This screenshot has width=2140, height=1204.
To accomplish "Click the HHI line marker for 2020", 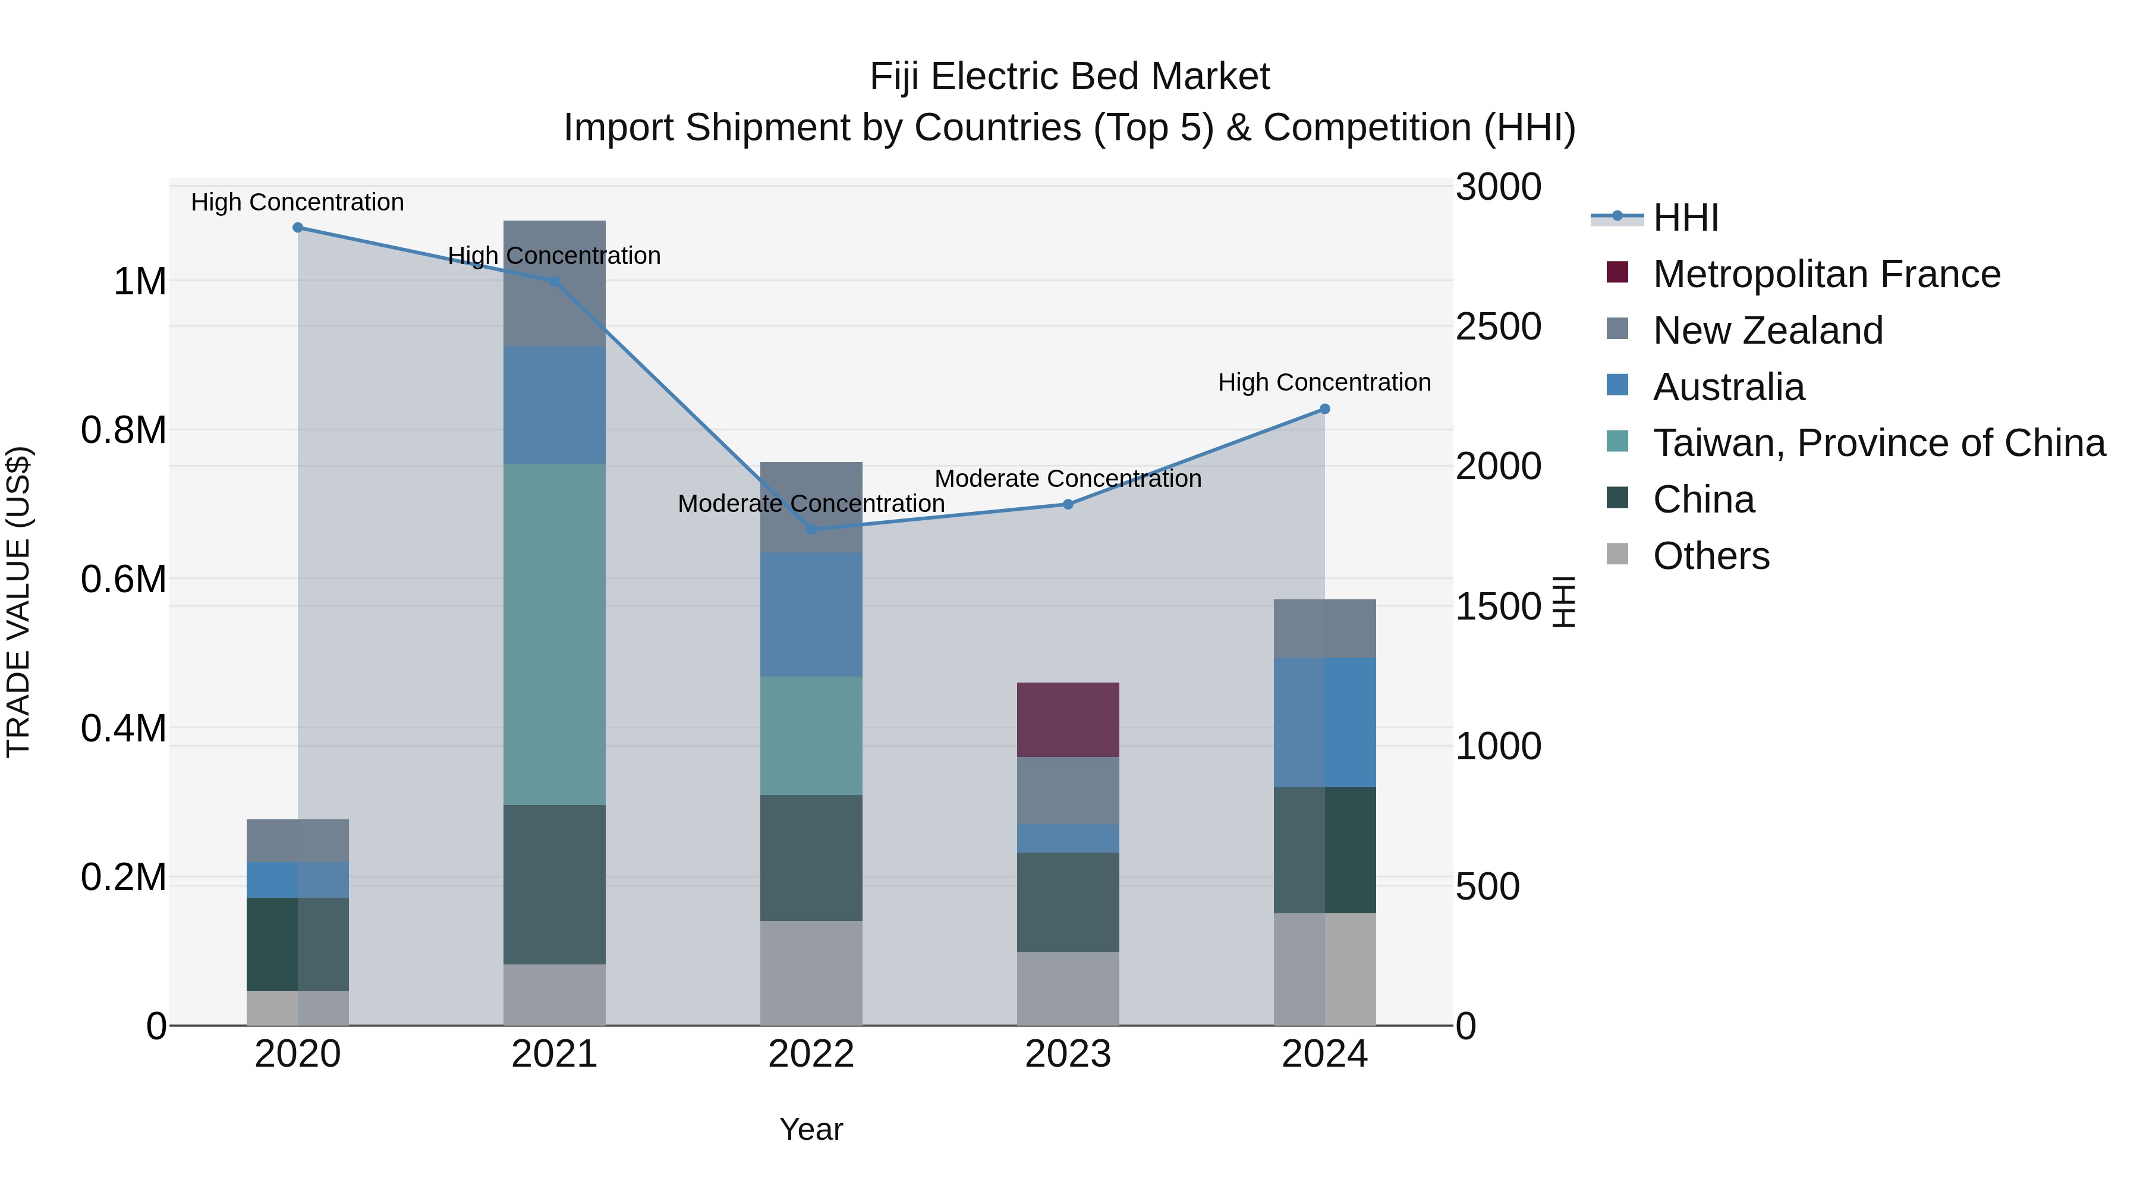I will click(x=297, y=228).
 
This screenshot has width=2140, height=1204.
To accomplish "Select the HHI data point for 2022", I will click(x=811, y=529).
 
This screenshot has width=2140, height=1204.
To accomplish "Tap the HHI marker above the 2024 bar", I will click(x=1325, y=409).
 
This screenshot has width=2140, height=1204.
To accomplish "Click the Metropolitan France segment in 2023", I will click(x=1068, y=719).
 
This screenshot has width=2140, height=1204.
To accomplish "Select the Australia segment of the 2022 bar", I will click(x=811, y=615).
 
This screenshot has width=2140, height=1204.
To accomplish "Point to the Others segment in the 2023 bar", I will click(x=1068, y=989).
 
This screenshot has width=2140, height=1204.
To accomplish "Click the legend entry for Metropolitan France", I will click(x=1826, y=274).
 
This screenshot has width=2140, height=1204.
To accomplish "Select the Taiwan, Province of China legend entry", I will click(x=1878, y=443).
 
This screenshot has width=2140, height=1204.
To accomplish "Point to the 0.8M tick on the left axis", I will click(x=123, y=430).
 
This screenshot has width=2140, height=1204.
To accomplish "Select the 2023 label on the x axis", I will click(x=1068, y=1054).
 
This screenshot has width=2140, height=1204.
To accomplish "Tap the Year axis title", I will click(x=811, y=1129).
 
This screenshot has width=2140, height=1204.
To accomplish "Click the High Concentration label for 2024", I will click(x=1324, y=382).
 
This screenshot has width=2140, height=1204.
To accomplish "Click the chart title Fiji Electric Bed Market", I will click(x=1069, y=77).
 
